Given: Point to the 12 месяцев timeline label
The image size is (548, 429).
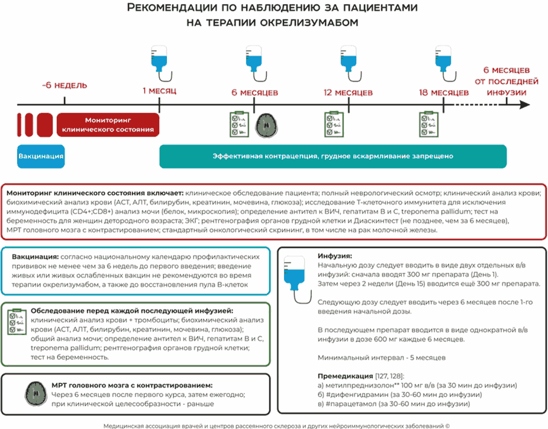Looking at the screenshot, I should pos(348,93).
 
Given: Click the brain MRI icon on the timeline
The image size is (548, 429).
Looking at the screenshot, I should pos(266,124).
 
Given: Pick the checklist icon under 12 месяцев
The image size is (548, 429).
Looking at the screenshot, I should pos(334,124).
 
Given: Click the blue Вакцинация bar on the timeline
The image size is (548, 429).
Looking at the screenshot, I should pos(41,156).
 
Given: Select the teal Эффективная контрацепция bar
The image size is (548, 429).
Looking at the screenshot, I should pos(333,156).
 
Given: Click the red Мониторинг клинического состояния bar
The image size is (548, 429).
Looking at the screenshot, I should pos(108,124).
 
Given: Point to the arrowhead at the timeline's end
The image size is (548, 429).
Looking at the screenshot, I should pos(524,105).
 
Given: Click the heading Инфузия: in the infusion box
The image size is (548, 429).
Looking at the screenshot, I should pos(335,256).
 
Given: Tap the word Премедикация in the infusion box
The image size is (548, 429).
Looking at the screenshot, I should pos(344,376).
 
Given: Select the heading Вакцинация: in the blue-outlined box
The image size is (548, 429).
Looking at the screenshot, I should pos(34,257).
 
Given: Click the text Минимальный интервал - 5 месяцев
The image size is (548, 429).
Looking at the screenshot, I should pos(381,358).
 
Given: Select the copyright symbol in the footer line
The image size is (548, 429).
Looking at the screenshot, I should pos(447,424).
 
